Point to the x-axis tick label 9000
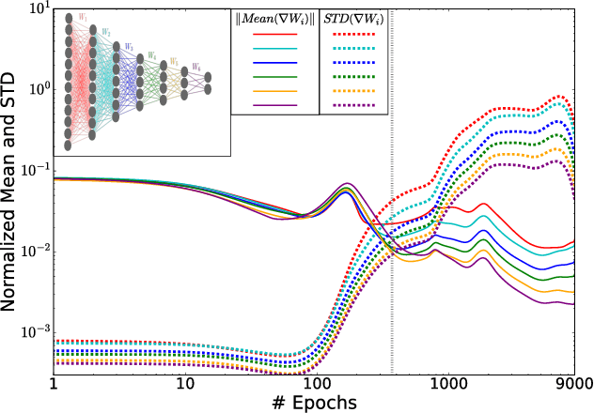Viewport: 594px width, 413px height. (x=573, y=385)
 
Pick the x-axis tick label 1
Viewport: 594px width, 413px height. (x=54, y=385)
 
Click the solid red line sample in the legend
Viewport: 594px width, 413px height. (x=275, y=34)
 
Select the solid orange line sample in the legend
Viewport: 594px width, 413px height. (x=275, y=92)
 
